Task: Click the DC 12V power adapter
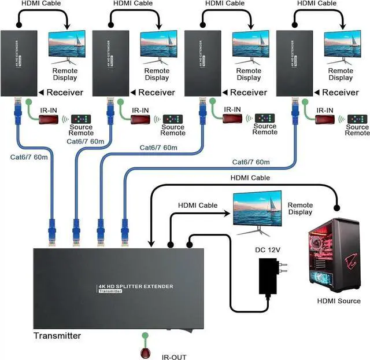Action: pos(269,277)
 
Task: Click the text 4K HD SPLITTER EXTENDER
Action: pos(135,286)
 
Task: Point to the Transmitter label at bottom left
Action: pos(57,336)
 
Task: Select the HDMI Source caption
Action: pos(339,301)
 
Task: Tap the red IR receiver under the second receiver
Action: pos(139,120)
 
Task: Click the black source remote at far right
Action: pos(357,119)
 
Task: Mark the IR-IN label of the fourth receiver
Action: pos(324,110)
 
